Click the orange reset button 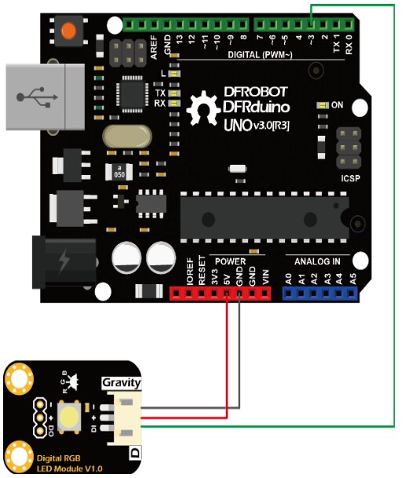[x=69, y=31]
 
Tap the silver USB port [x=43, y=96]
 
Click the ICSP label [x=351, y=177]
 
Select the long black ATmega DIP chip [x=263, y=213]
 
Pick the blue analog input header [x=320, y=294]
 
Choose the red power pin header [x=221, y=294]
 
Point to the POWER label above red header [x=231, y=260]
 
